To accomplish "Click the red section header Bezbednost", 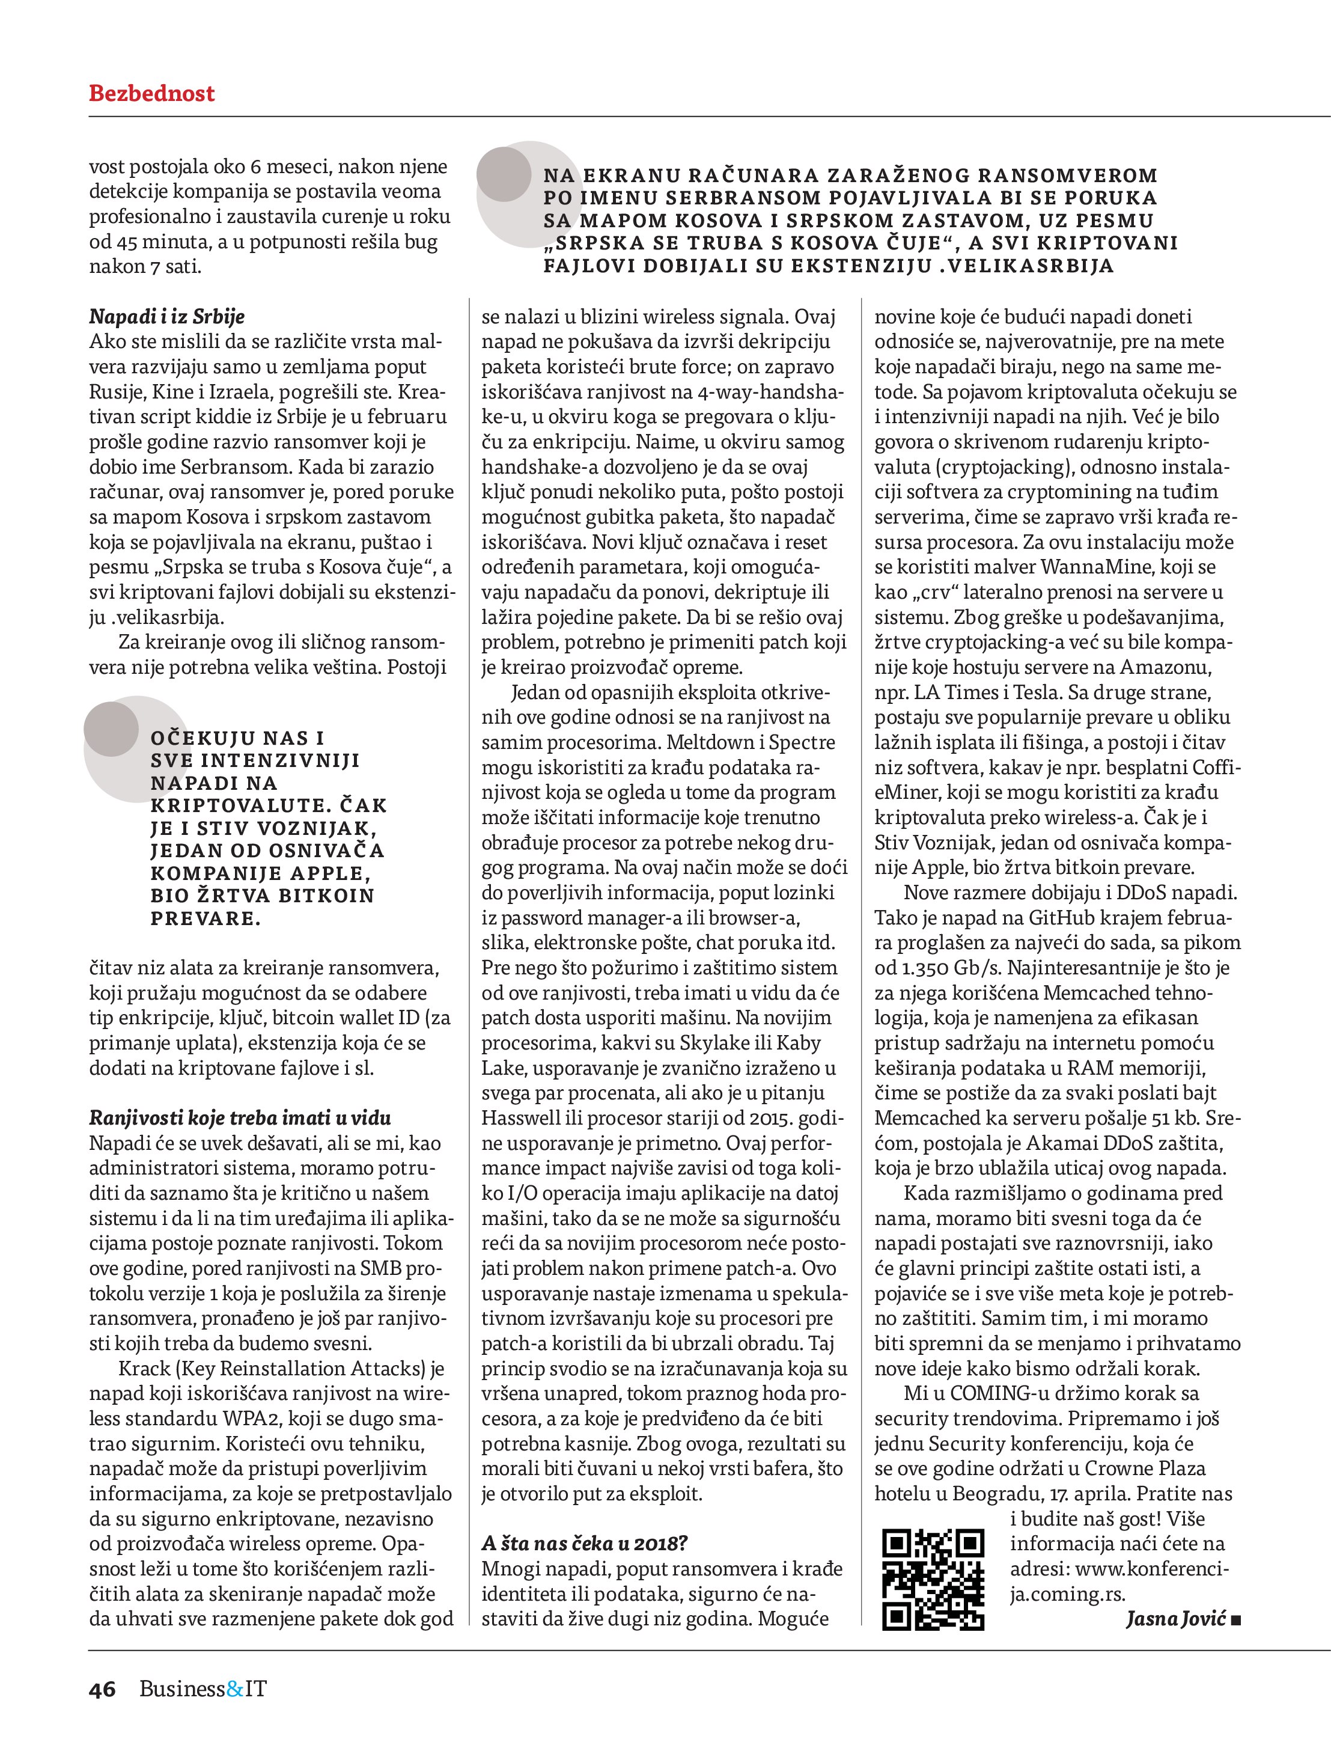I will (x=151, y=94).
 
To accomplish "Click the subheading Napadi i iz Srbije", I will (x=167, y=316).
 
